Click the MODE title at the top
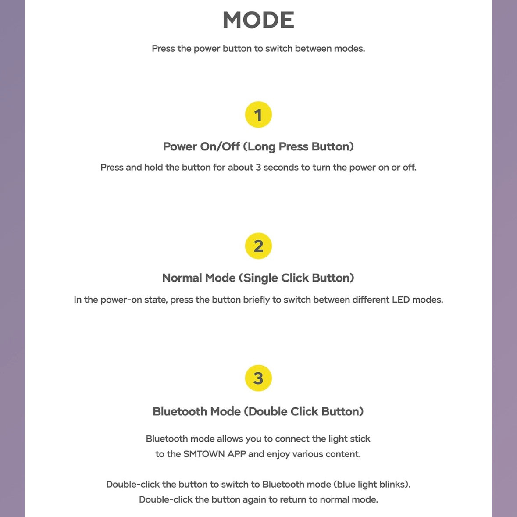coord(258,20)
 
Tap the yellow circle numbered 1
coord(258,115)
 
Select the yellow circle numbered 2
coord(258,246)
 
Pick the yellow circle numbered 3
coord(258,378)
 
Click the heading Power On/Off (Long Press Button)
coord(258,146)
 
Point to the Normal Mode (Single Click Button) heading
coord(258,278)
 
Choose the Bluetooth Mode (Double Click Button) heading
coord(258,412)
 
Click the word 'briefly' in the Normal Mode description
coord(257,300)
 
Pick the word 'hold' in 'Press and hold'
coord(153,168)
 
